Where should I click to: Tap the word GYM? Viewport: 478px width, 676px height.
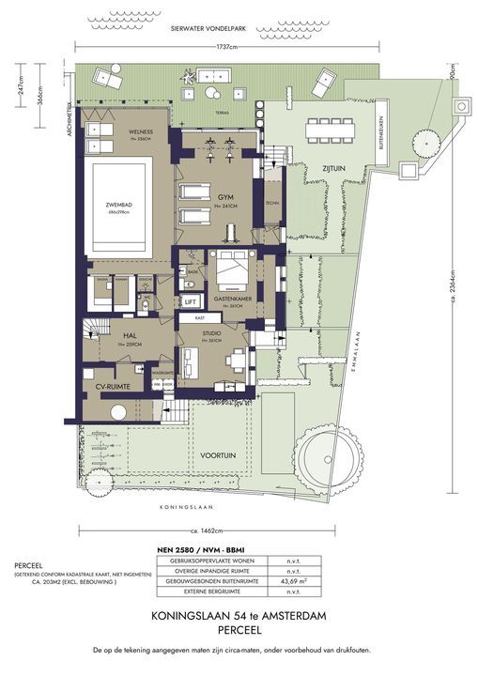[224, 198]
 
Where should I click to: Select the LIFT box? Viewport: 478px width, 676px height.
[191, 301]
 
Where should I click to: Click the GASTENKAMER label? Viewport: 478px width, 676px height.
[230, 299]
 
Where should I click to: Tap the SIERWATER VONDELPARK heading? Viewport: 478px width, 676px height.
[218, 29]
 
